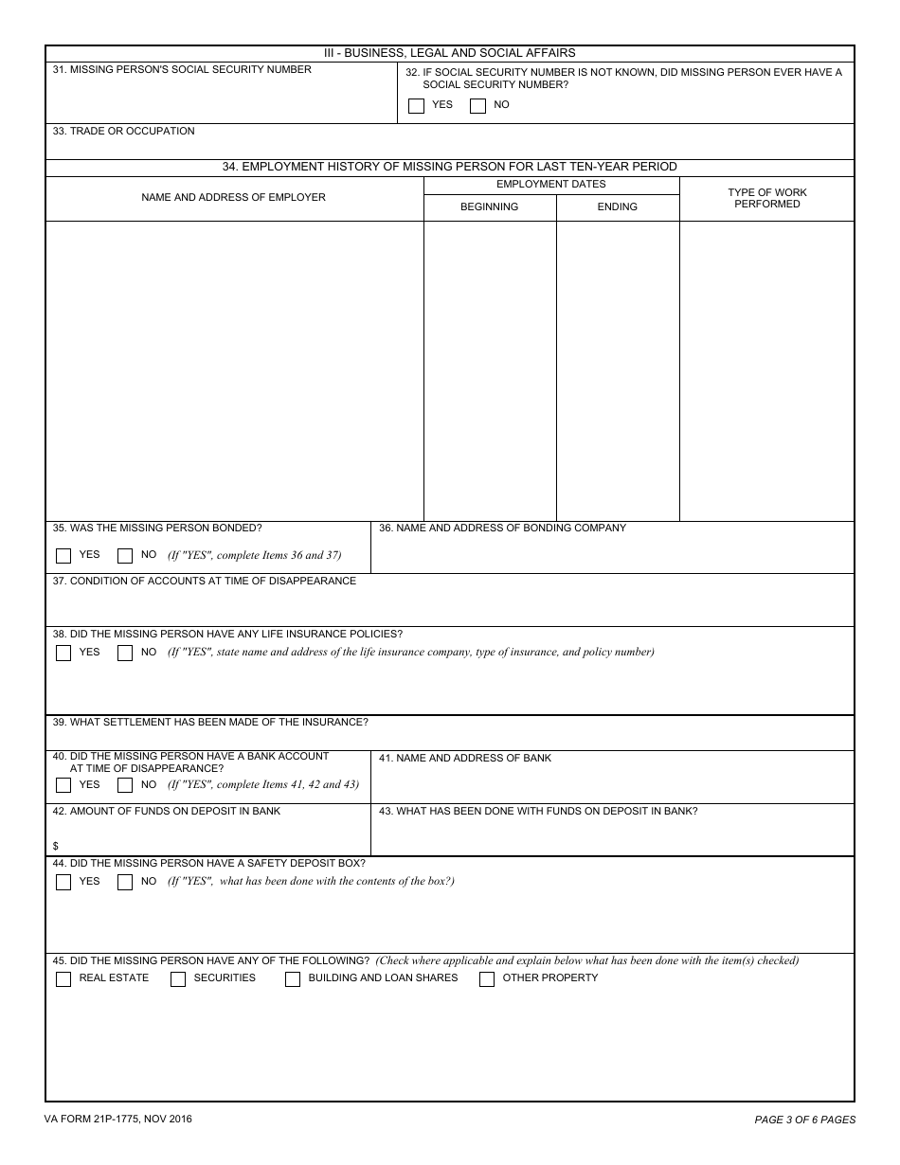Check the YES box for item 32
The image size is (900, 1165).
[x=416, y=106]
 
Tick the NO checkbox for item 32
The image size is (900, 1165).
[x=477, y=106]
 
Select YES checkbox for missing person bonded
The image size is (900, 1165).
[x=63, y=556]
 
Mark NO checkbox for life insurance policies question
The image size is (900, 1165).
[x=125, y=653]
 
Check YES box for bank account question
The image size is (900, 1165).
[x=63, y=785]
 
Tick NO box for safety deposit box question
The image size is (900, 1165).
[x=125, y=882]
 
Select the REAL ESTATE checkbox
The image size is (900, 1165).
[x=63, y=979]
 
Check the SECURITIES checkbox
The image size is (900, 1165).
[x=178, y=979]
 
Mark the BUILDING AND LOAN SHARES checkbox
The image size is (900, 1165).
[x=293, y=979]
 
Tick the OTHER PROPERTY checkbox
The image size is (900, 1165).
[x=487, y=979]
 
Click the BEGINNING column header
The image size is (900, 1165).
[x=490, y=206]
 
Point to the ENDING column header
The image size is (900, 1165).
[x=618, y=206]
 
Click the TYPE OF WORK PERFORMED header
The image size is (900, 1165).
[x=767, y=198]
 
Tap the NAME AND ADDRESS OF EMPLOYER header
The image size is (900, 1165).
[x=233, y=197]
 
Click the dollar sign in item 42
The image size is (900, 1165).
[x=56, y=846]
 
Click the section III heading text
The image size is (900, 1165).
[x=450, y=53]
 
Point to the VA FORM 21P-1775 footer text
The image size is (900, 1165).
[x=117, y=1120]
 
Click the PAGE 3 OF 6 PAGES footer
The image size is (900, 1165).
[x=804, y=1120]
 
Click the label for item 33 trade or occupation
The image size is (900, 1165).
[x=123, y=131]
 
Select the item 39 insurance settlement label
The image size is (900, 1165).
[x=210, y=722]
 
